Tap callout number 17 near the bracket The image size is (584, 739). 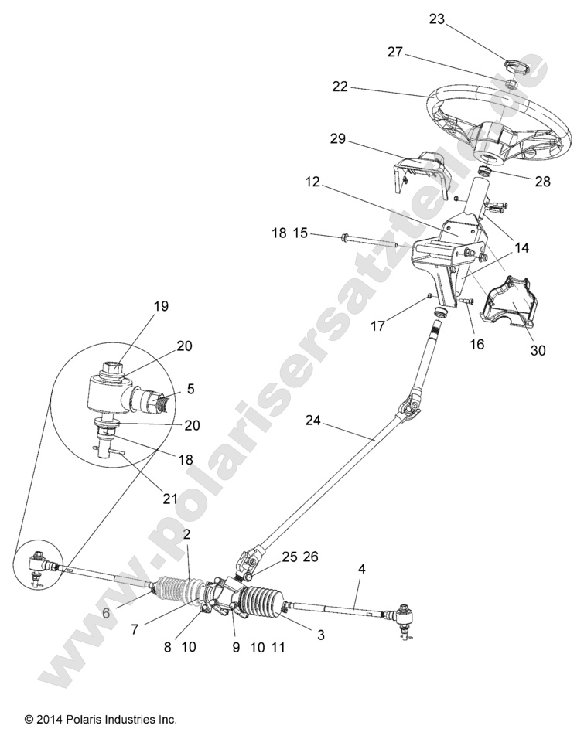tap(401, 327)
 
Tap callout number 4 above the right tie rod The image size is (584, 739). tap(361, 569)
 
